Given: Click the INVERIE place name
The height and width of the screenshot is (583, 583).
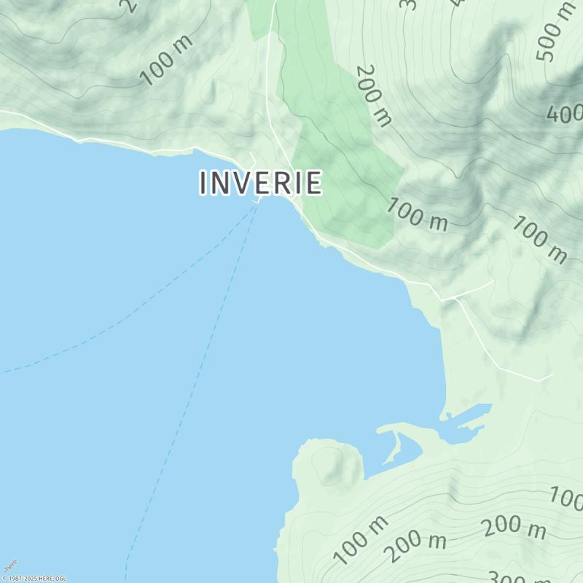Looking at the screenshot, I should [260, 183].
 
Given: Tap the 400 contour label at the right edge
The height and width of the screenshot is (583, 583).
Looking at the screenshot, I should [566, 114].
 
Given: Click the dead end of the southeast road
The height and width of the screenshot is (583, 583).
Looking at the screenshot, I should [552, 376].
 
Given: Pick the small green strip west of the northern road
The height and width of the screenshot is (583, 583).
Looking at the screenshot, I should [258, 18].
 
